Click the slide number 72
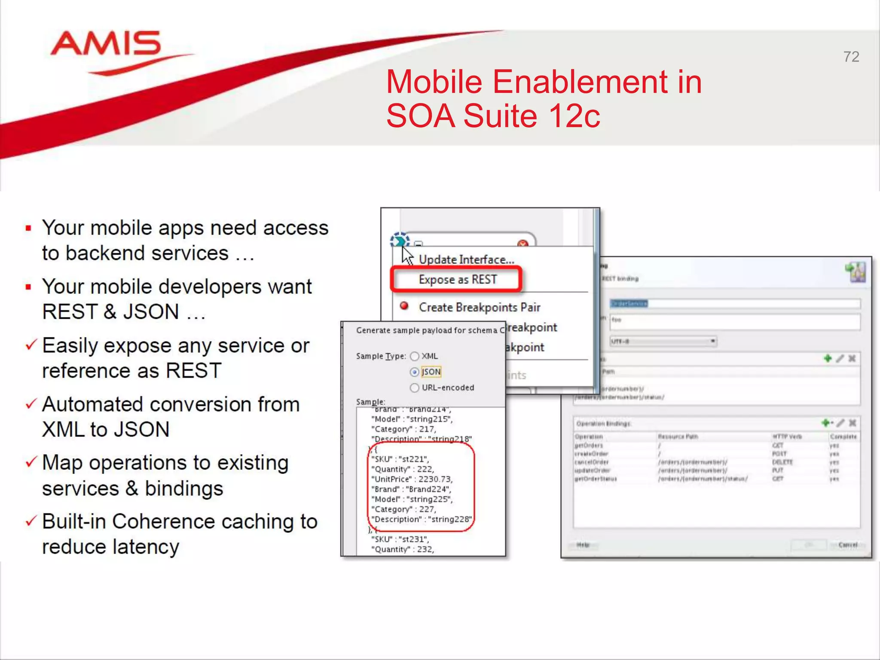coord(851,57)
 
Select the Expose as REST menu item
coord(457,280)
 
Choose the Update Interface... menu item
coord(466,260)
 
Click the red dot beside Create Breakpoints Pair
coord(404,306)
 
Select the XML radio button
coord(414,356)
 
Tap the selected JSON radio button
coord(414,372)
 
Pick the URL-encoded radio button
coord(414,388)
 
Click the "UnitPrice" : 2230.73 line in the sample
coord(412,479)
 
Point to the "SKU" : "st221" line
coord(400,459)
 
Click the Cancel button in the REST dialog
coord(847,545)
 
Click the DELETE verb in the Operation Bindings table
coord(782,462)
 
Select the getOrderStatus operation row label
coord(596,479)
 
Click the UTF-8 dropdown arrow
coord(712,341)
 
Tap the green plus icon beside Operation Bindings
coord(825,423)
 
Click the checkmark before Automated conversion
coord(31,404)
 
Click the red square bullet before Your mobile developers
coord(28,287)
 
